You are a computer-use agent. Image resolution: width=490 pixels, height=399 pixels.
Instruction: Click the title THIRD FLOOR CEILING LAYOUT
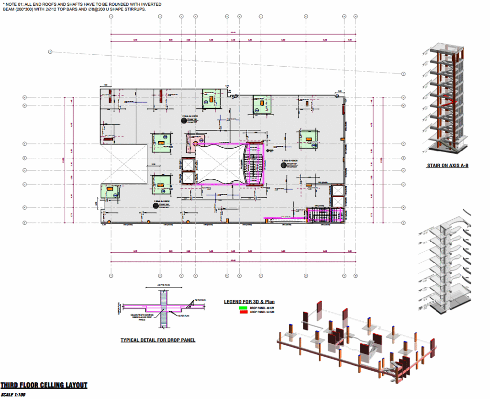(x=44, y=385)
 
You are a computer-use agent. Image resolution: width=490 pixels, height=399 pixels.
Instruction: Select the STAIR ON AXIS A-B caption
(x=447, y=166)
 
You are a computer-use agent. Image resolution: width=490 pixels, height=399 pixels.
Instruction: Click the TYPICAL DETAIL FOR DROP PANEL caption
(x=157, y=340)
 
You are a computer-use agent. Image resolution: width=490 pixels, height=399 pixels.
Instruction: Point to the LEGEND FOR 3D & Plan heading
(x=249, y=302)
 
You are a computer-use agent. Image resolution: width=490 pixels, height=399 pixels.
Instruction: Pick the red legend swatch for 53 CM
(x=244, y=312)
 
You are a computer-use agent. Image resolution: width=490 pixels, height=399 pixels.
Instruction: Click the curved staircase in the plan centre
(x=254, y=165)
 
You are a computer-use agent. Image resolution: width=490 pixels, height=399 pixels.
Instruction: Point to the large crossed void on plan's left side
(x=123, y=163)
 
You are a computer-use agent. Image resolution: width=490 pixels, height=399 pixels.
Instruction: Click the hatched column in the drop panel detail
(x=163, y=312)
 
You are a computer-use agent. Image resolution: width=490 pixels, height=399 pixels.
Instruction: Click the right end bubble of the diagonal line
(x=403, y=74)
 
